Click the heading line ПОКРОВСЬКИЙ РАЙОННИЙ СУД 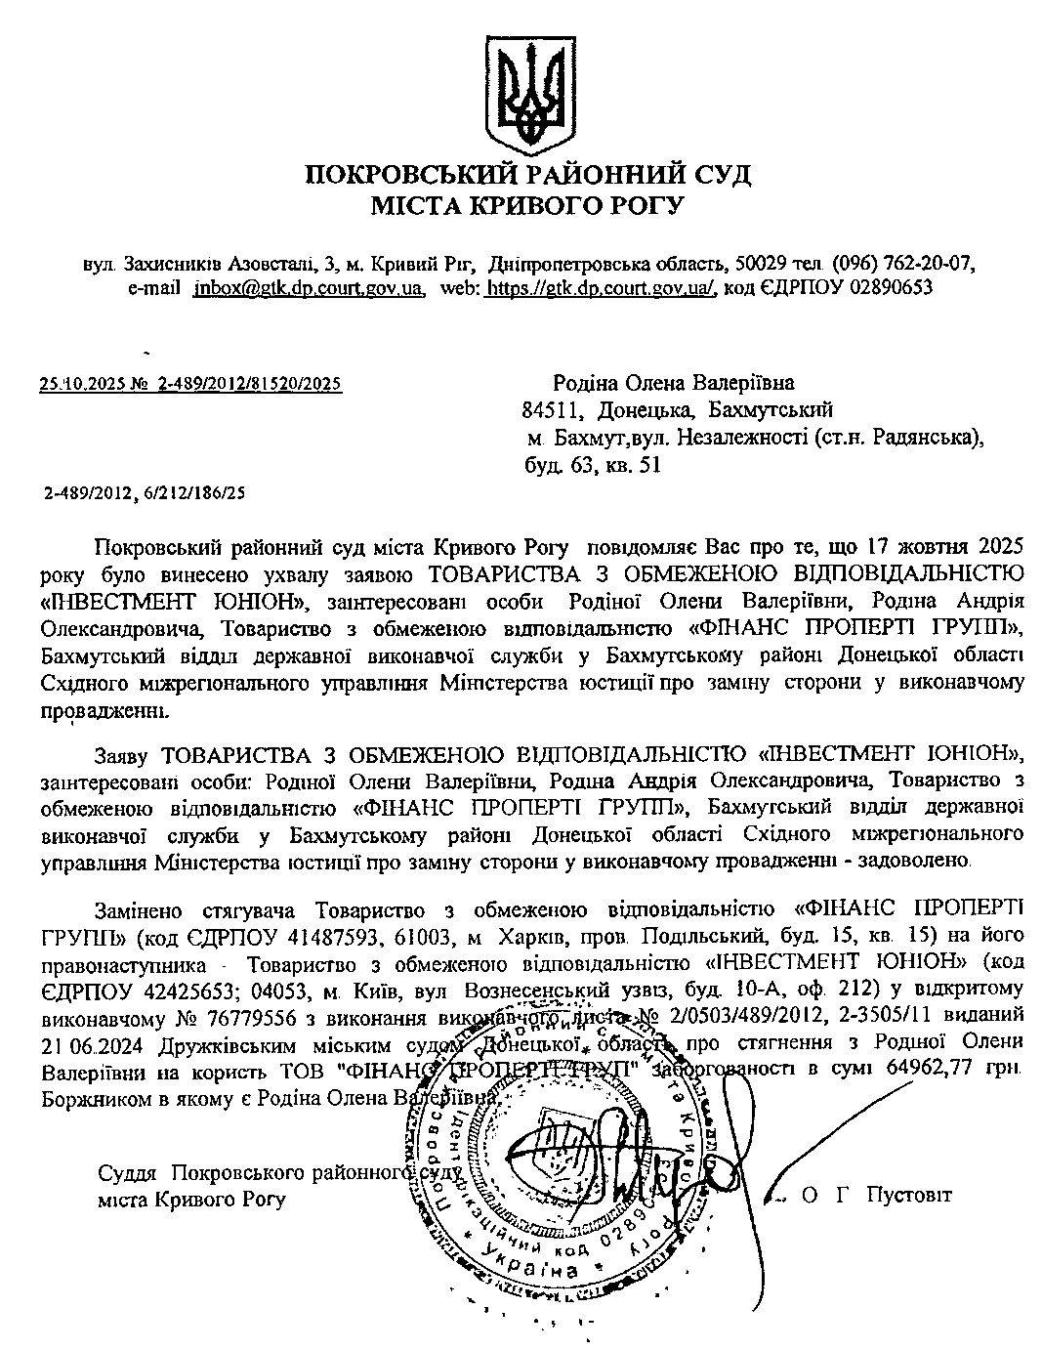click(x=528, y=175)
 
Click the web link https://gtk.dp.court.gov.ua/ click(x=601, y=288)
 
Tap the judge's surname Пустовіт click(x=908, y=1195)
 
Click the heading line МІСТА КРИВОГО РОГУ click(x=528, y=206)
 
